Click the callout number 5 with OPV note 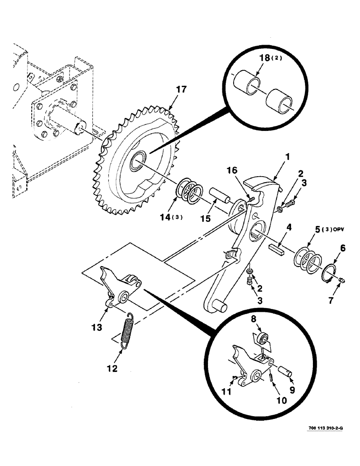[319, 230]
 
